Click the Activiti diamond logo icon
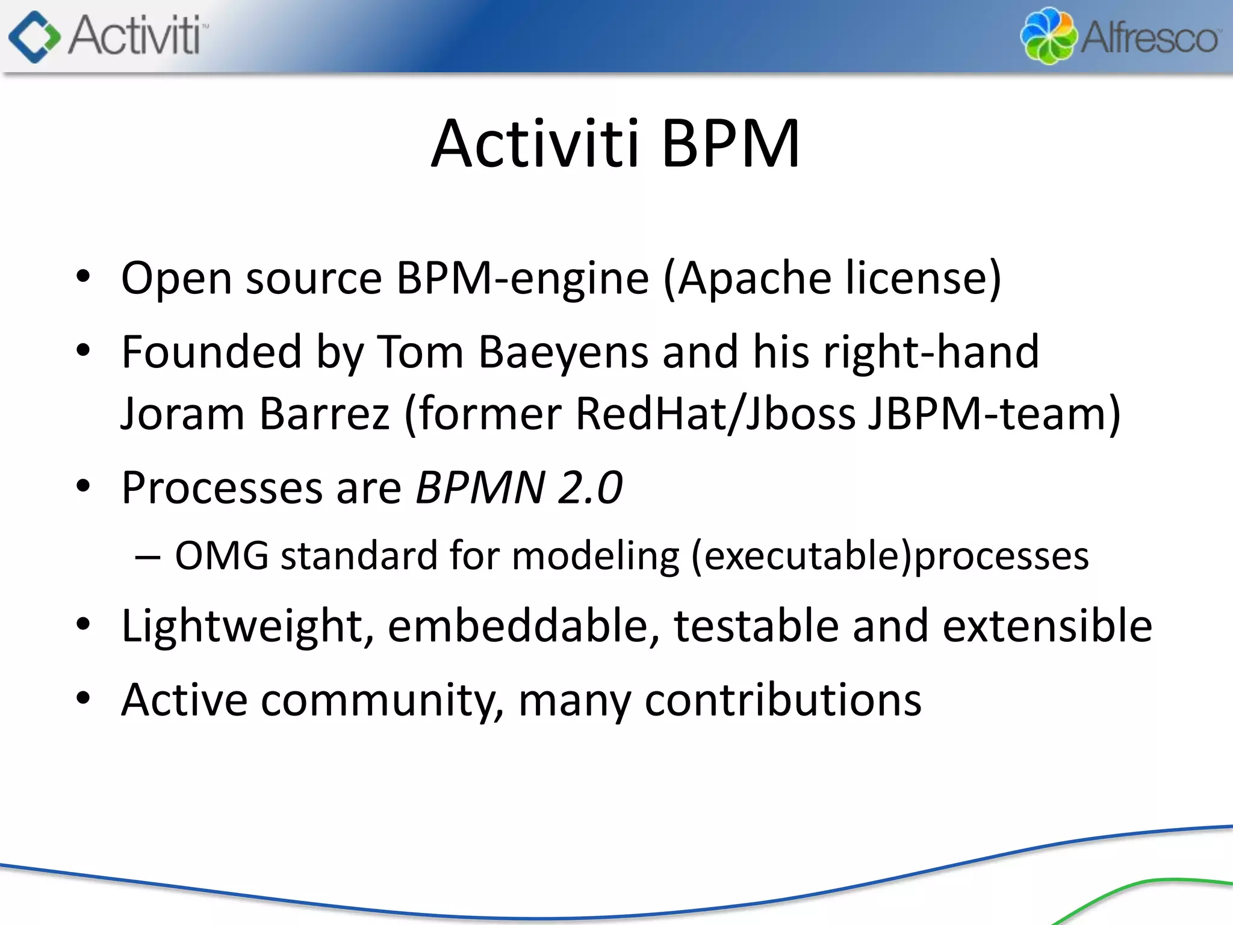[34, 37]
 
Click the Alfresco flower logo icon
[1048, 36]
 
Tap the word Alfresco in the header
[1150, 38]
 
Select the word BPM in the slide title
[730, 145]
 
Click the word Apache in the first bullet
[755, 278]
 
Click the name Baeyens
[563, 352]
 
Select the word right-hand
[931, 352]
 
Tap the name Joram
[182, 414]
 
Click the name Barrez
[325, 414]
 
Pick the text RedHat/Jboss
[715, 414]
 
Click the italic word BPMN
[480, 488]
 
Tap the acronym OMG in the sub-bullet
[222, 556]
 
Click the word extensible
[1047, 626]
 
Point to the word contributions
[783, 700]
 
